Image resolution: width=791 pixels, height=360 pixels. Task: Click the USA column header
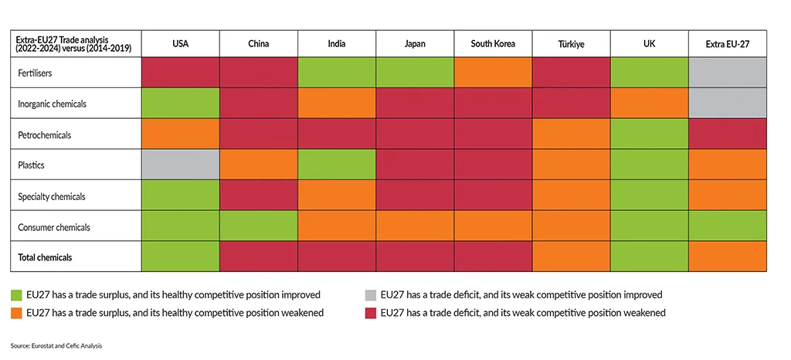[181, 44]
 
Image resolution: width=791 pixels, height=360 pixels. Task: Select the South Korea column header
[493, 44]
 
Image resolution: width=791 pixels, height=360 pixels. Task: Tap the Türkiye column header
[571, 44]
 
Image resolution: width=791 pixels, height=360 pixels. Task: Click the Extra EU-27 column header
[727, 44]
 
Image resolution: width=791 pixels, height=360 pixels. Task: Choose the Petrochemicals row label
[43, 134]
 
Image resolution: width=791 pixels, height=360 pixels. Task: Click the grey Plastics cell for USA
[181, 165]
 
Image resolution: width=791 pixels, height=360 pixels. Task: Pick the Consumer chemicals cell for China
[259, 226]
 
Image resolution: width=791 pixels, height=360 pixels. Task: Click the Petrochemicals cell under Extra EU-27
[727, 134]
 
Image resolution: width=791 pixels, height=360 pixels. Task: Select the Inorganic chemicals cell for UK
[649, 103]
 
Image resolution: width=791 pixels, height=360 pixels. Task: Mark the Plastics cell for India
[337, 165]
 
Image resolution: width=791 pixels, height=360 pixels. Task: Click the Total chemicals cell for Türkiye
[571, 256]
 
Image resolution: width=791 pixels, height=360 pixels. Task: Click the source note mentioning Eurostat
[56, 346]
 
